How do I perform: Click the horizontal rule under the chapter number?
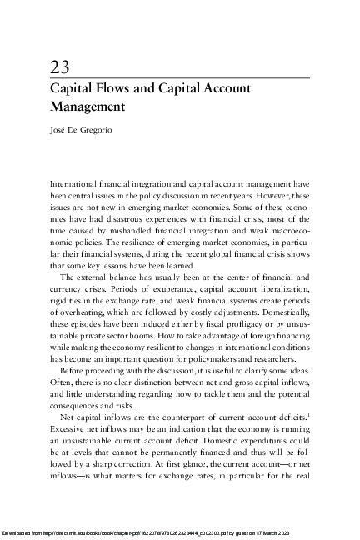[x=180, y=77]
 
